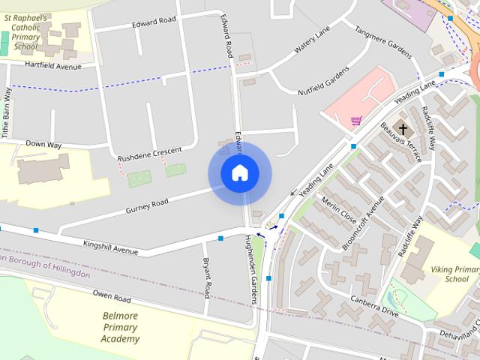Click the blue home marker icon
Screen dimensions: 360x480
239,173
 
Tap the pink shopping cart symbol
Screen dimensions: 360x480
356,120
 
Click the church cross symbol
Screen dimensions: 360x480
403,129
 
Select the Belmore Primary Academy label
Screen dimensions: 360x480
121,327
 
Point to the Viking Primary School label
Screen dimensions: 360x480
455,274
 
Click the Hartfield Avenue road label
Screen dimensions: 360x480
52,67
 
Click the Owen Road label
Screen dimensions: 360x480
112,293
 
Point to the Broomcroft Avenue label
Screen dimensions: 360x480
363,223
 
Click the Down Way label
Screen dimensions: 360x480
43,143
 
